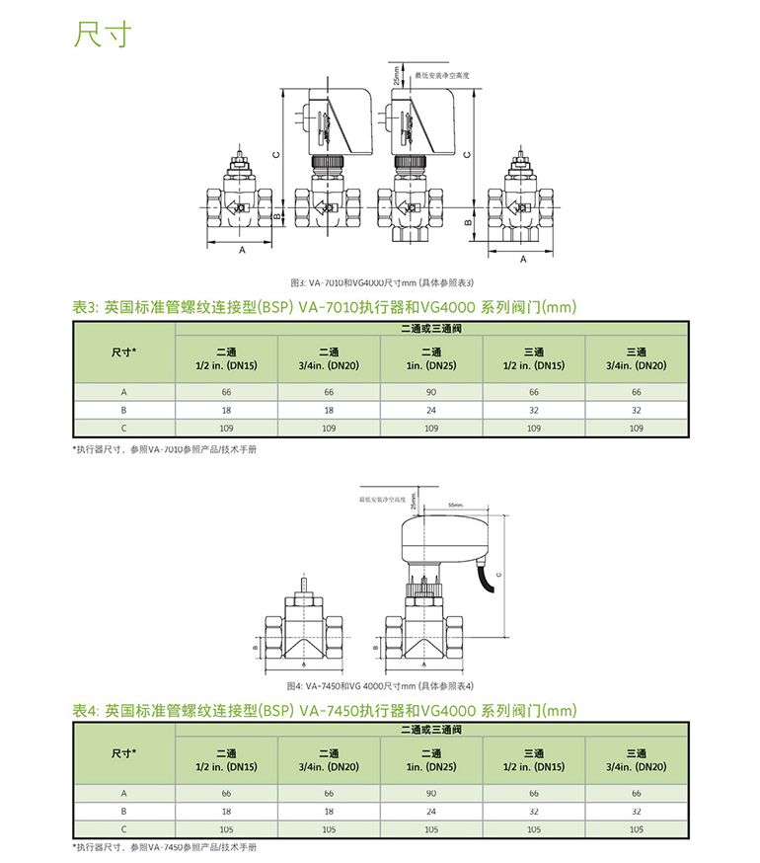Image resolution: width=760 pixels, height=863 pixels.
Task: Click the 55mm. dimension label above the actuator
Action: (x=455, y=505)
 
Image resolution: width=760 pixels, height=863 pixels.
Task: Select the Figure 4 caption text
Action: (x=380, y=685)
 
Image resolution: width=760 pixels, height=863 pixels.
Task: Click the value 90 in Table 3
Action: (x=431, y=392)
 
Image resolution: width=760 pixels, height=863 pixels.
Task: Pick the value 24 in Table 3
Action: (x=431, y=410)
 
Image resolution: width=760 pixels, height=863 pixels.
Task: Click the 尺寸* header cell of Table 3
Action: (x=124, y=351)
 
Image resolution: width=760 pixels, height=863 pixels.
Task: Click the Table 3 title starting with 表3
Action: (x=324, y=307)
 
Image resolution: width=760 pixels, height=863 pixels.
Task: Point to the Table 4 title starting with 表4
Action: (x=324, y=710)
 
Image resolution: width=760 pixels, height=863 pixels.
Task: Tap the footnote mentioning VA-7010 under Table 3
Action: (x=164, y=448)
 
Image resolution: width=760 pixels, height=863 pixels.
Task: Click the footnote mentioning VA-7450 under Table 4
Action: (x=164, y=848)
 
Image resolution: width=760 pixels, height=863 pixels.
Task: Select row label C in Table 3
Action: (x=124, y=429)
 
